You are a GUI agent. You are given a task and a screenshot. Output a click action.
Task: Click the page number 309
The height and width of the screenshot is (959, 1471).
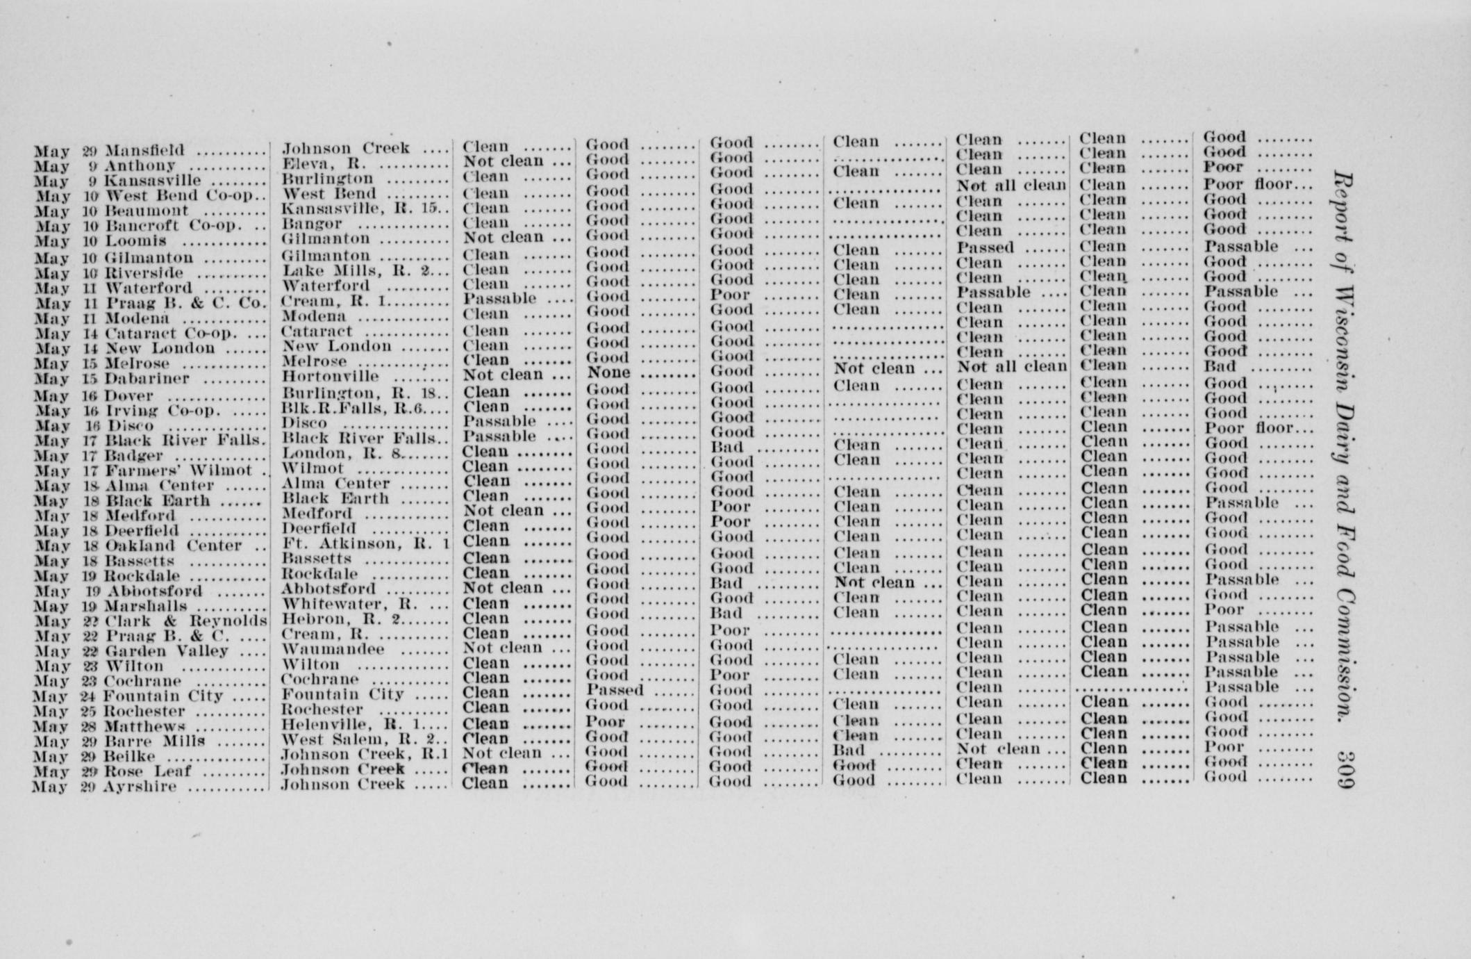1345,770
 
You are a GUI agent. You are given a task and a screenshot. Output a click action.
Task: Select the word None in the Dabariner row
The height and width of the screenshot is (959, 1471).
608,372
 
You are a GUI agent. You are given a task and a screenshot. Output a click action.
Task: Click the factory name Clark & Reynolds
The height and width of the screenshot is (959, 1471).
185,621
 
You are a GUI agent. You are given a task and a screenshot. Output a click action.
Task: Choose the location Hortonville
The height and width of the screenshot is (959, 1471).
330,377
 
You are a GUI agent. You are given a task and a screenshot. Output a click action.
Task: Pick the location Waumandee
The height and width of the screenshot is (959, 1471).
333,649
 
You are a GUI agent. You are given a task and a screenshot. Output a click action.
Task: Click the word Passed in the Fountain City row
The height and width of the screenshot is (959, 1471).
615,690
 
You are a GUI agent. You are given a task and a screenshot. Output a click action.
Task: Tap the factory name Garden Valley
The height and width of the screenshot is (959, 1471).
167,651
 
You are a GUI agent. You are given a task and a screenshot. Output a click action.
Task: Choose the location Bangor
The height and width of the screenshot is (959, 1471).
312,224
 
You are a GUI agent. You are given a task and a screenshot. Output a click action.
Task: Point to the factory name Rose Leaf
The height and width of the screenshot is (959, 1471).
147,772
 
